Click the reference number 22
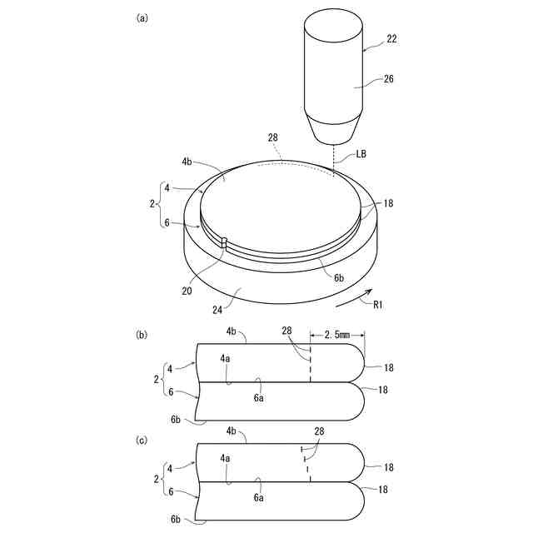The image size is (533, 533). pyautogui.click(x=391, y=39)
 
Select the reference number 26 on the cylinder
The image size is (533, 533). pyautogui.click(x=389, y=79)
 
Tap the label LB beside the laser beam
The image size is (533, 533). pyautogui.click(x=361, y=154)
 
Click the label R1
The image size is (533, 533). pyautogui.click(x=378, y=305)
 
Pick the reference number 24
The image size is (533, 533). pyautogui.click(x=217, y=310)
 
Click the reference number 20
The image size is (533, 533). pyautogui.click(x=187, y=291)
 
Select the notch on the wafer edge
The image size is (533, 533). pyautogui.click(x=224, y=244)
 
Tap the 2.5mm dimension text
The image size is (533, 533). pyautogui.click(x=336, y=335)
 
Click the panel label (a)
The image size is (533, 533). pyautogui.click(x=142, y=18)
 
